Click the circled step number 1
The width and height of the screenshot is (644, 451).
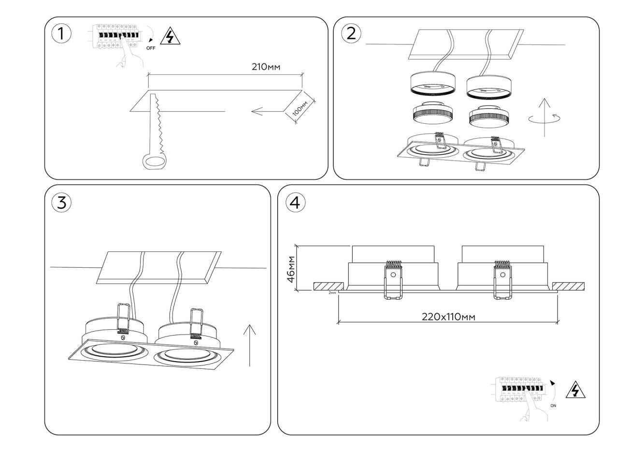tap(61, 33)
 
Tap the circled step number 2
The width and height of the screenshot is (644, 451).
tap(351, 33)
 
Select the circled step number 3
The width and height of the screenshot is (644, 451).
tap(61, 203)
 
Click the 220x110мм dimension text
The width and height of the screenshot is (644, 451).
tap(448, 317)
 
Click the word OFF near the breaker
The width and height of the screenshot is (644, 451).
tap(151, 48)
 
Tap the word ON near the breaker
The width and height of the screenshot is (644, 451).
tap(553, 406)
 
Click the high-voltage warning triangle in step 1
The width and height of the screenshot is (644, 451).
tap(169, 37)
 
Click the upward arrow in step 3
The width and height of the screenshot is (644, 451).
tap(250, 346)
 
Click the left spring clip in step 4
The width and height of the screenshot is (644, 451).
tap(393, 280)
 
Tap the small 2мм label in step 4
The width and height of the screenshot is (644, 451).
tap(332, 293)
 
